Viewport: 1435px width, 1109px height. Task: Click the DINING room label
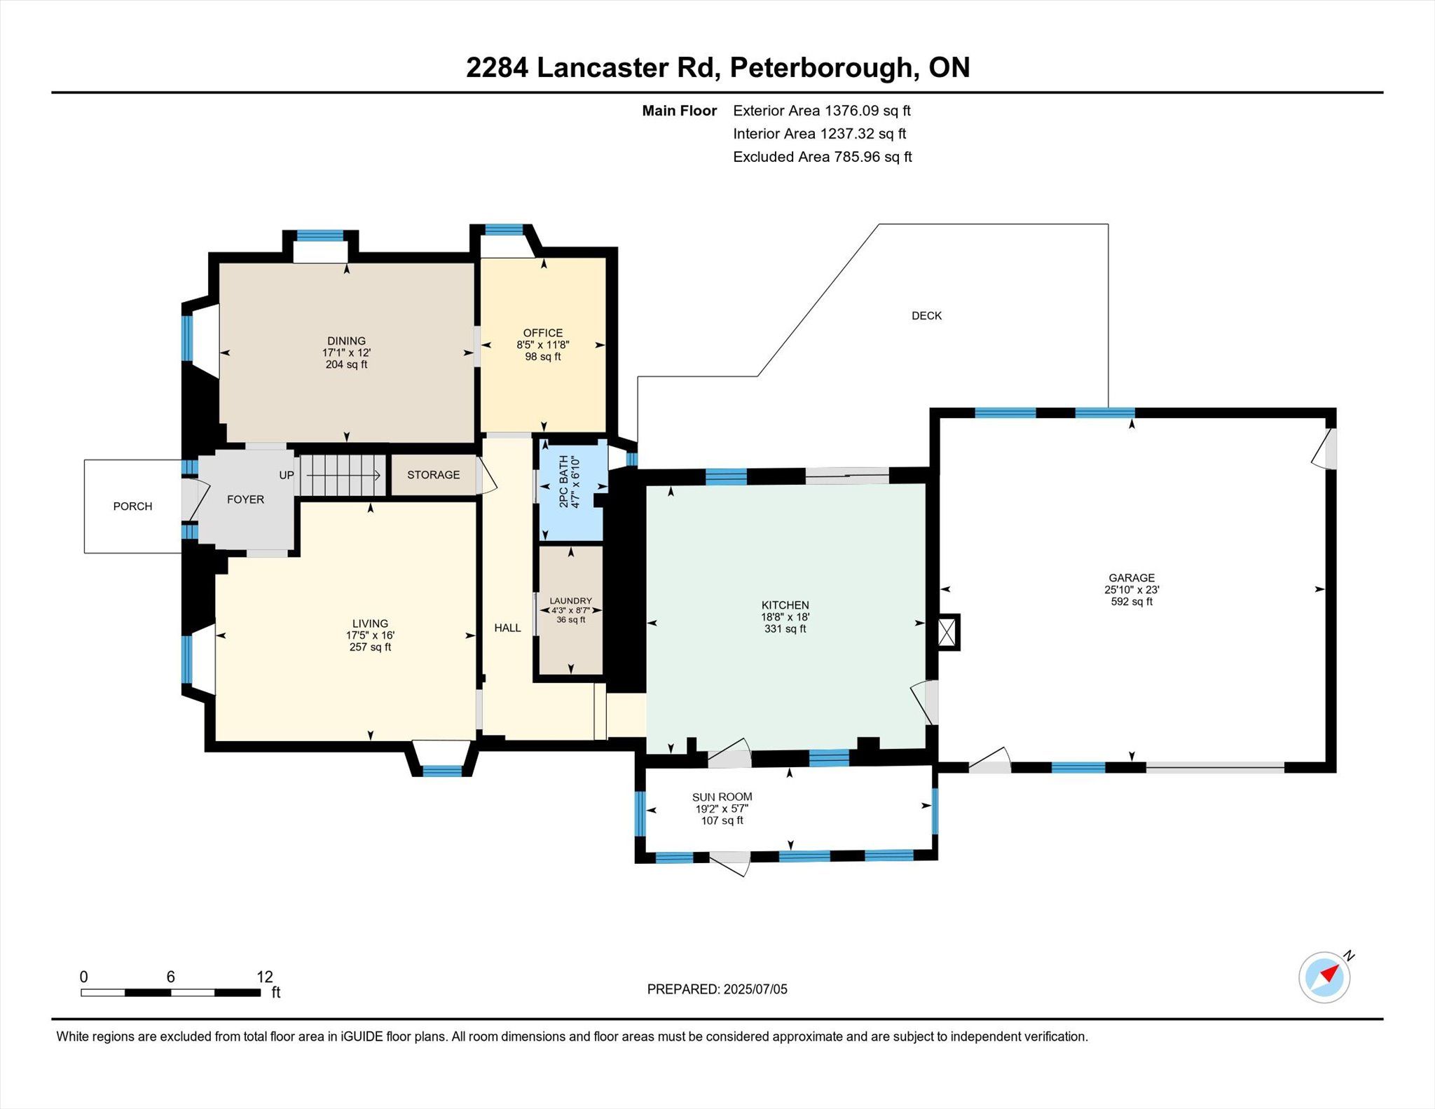(346, 341)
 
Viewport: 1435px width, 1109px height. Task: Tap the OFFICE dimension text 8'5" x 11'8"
(543, 345)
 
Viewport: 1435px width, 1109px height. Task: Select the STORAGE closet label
(434, 475)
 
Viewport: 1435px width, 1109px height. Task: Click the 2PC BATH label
(563, 481)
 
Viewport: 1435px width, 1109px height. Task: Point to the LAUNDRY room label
(571, 601)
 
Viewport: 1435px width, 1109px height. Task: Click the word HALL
(508, 628)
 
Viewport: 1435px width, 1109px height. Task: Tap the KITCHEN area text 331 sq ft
(785, 629)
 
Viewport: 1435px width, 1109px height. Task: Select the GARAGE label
(1132, 578)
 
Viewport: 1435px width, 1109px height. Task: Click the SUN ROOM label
(722, 797)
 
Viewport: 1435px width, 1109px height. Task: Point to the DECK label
(926, 316)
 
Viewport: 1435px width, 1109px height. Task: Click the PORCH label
(132, 507)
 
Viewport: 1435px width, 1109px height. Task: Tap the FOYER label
(245, 500)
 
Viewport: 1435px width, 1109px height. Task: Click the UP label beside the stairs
(287, 475)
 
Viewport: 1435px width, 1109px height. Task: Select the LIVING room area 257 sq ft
(371, 647)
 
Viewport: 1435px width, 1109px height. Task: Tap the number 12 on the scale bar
(265, 977)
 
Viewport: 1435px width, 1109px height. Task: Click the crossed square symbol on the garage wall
(947, 632)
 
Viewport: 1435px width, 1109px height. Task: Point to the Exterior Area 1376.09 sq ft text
(822, 111)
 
